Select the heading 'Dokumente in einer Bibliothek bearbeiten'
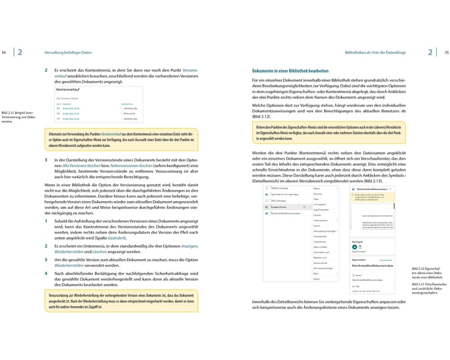(290, 71)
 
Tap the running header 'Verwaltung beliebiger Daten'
(68, 53)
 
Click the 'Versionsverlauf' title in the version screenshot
(65, 90)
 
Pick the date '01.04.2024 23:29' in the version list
(71, 113)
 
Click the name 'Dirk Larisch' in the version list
(129, 113)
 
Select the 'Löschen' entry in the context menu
(317, 215)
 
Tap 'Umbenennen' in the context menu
(319, 242)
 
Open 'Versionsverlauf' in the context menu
(320, 263)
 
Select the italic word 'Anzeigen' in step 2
(189, 246)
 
